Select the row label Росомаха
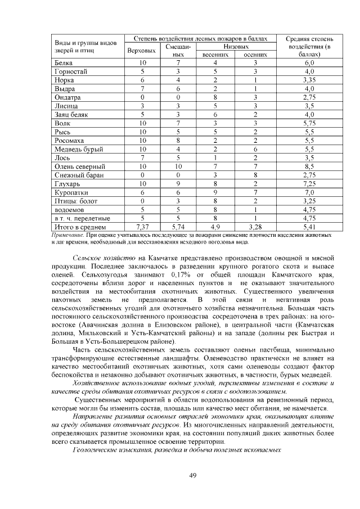69,141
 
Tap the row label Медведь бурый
79,149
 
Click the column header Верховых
142,51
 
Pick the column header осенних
255,55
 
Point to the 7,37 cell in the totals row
142,227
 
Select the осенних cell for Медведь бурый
255,149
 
